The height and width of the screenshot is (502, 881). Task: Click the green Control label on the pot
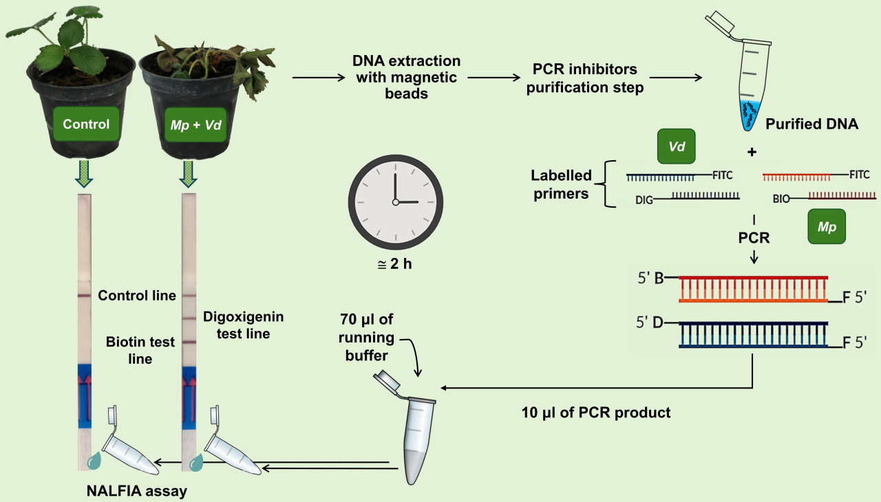(86, 124)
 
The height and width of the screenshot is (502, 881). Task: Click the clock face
(395, 201)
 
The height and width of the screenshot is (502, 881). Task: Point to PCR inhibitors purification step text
(585, 78)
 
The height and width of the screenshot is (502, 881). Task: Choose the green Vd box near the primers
(677, 146)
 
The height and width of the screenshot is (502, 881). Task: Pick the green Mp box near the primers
(827, 226)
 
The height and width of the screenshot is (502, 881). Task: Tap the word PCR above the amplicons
(753, 238)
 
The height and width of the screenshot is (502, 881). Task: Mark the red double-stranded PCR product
(754, 290)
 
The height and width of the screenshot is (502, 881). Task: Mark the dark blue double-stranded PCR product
(754, 334)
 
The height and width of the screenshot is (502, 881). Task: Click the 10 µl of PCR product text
(596, 413)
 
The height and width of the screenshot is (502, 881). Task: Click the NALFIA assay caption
(136, 491)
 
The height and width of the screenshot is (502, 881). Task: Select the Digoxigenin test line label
(244, 325)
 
